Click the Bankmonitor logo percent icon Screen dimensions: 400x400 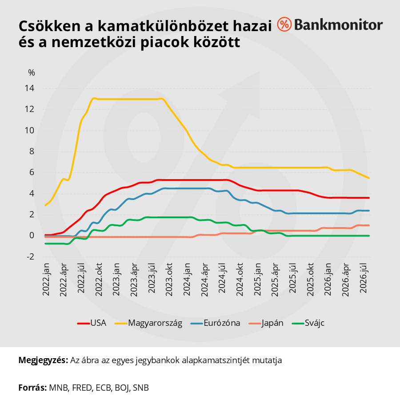[284, 24]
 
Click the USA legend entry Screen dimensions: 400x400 [92, 323]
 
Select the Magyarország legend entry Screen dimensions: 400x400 [148, 323]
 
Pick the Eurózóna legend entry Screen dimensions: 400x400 [215, 323]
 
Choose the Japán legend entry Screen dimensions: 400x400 [266, 323]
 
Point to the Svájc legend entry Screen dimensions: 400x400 [308, 323]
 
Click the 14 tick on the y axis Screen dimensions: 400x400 [29, 88]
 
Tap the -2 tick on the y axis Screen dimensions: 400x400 [30, 256]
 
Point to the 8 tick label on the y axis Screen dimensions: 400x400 [32, 152]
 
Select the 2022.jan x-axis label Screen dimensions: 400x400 [46, 280]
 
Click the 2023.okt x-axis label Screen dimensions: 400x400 [169, 280]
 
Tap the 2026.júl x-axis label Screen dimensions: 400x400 [363, 278]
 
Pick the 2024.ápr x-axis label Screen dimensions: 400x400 [204, 280]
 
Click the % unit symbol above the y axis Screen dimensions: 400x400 [32, 73]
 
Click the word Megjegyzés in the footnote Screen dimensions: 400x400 [43, 360]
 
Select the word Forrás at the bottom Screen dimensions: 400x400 [32, 388]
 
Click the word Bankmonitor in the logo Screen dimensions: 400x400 [338, 25]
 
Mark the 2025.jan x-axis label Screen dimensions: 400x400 [257, 280]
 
